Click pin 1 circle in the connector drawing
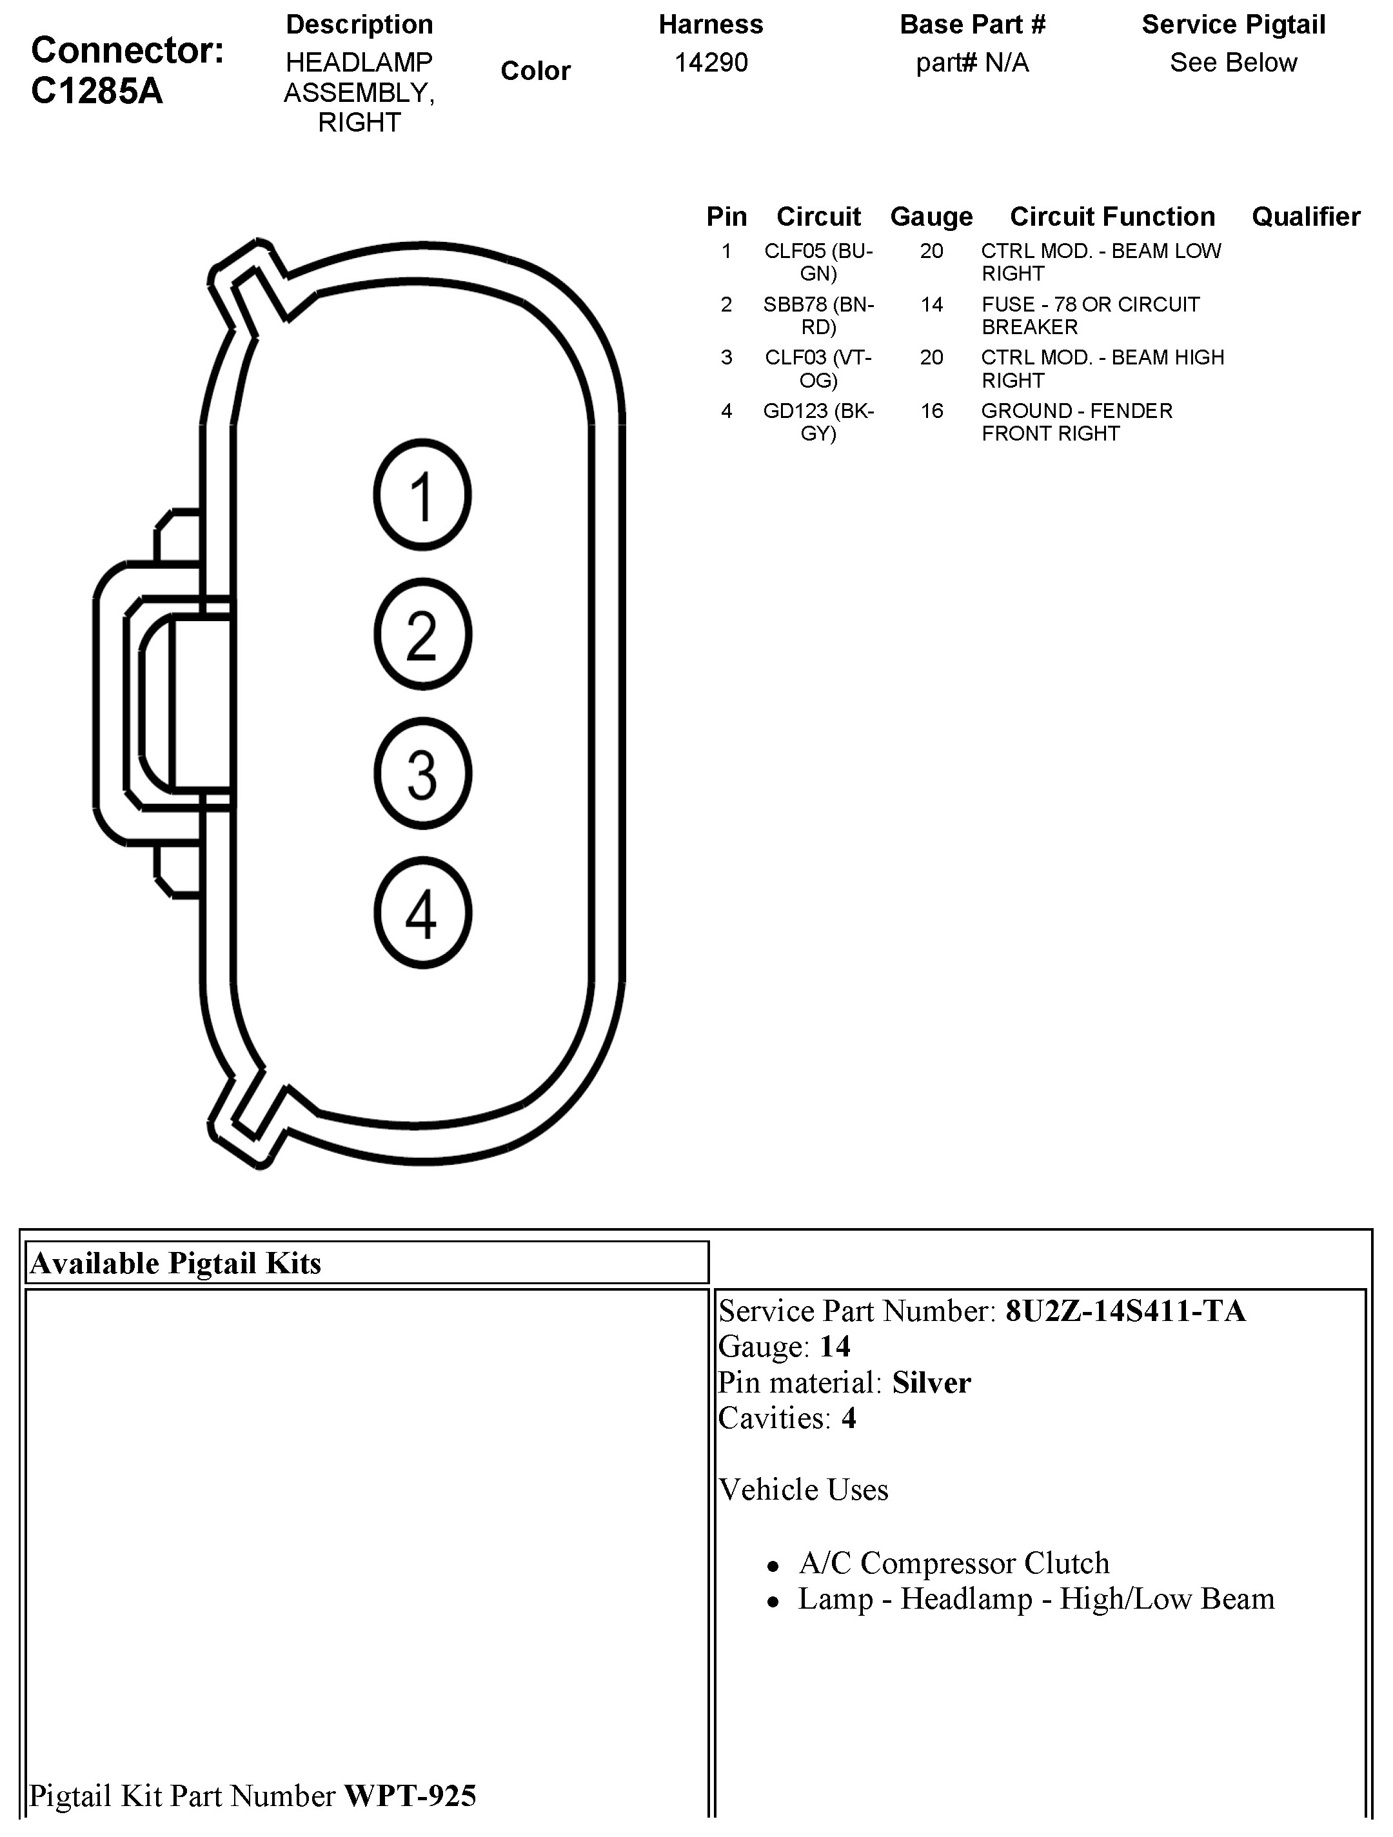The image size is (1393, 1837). [x=422, y=495]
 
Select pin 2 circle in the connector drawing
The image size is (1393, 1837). [x=422, y=635]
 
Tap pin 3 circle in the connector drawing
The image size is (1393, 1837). [x=422, y=774]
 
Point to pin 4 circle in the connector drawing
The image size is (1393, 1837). [x=422, y=913]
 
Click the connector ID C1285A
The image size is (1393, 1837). [x=97, y=92]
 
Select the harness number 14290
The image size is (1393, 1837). [x=711, y=63]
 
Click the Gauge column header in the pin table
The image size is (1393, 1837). [x=931, y=217]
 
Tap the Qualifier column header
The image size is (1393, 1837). [x=1305, y=217]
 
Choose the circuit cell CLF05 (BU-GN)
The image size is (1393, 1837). [x=818, y=262]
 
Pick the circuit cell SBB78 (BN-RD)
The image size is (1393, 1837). [x=818, y=315]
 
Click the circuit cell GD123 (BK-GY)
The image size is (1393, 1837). [x=818, y=422]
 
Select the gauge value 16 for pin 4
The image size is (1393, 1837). [x=931, y=411]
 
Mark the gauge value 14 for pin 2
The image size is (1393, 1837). [x=931, y=305]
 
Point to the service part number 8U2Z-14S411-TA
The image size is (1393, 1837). [x=1125, y=1311]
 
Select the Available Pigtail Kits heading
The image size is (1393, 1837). [x=175, y=1263]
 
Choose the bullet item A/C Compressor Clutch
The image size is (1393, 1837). [x=953, y=1563]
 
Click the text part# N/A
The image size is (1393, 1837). [x=972, y=63]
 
